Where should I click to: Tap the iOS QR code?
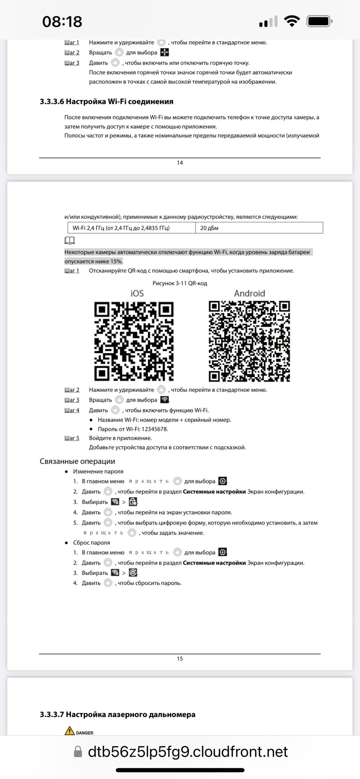tap(134, 341)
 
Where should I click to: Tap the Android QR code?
tap(249, 341)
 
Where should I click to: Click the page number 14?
tap(180, 163)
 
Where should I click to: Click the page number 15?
tap(180, 659)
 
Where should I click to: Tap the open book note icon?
tap(69, 240)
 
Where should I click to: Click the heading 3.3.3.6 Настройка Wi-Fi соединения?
tap(107, 102)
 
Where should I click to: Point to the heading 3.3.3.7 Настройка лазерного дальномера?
tap(117, 715)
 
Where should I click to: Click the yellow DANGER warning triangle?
tap(69, 731)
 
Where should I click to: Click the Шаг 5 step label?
tap(72, 438)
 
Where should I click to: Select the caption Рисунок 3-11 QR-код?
tap(180, 283)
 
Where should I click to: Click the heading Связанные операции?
tap(77, 461)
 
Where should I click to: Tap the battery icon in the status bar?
tap(319, 21)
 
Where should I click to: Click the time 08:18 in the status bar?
tap(62, 21)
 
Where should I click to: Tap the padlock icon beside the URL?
tap(78, 752)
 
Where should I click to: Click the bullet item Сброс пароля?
tap(91, 543)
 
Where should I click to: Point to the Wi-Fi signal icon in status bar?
tap(292, 21)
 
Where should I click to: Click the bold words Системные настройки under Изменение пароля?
tap(214, 492)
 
